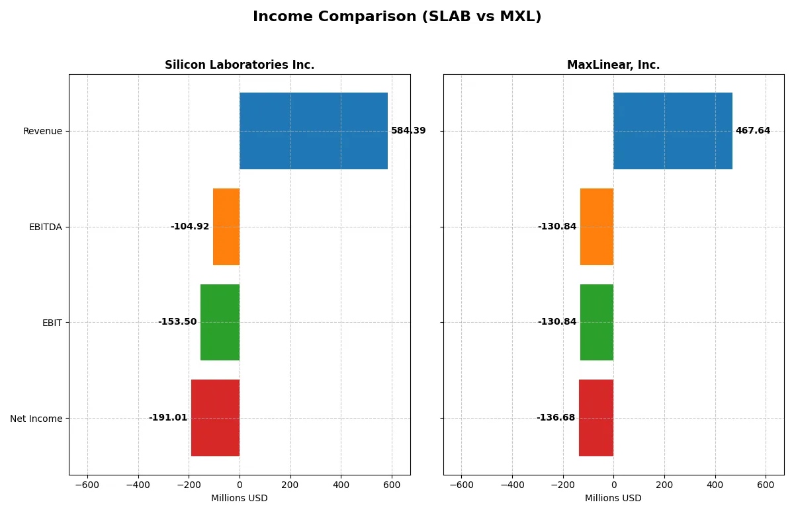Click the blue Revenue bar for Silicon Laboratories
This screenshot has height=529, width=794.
click(x=314, y=131)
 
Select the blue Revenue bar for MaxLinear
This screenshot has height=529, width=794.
click(x=673, y=131)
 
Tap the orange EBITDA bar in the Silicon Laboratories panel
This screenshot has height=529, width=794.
click(x=226, y=227)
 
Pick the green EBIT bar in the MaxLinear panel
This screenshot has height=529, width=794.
click(x=597, y=322)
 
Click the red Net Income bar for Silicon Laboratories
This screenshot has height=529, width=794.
click(x=215, y=418)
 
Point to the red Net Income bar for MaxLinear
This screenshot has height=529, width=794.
click(x=596, y=418)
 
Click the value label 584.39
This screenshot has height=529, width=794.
click(x=408, y=131)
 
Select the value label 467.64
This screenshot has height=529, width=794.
click(x=753, y=131)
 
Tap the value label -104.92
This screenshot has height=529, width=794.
click(x=190, y=227)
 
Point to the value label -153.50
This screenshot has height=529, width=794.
click(x=177, y=322)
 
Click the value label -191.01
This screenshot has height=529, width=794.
click(x=168, y=418)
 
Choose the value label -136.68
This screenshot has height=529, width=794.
click(x=556, y=418)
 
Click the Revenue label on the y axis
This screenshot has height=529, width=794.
click(x=42, y=131)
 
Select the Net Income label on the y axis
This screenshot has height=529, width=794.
click(x=36, y=419)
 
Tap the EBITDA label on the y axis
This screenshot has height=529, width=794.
click(x=46, y=227)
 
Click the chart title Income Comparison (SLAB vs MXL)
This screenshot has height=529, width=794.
click(x=397, y=17)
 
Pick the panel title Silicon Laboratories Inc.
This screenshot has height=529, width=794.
click(x=240, y=65)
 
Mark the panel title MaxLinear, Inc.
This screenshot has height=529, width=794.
click(x=613, y=65)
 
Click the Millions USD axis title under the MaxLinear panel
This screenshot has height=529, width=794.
click(x=613, y=498)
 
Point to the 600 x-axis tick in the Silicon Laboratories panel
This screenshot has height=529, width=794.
click(x=392, y=485)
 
